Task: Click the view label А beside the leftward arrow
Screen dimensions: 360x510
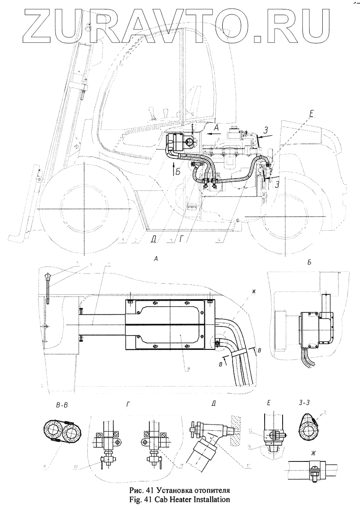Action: (x=216, y=128)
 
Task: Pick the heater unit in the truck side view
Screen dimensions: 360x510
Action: (x=179, y=143)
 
